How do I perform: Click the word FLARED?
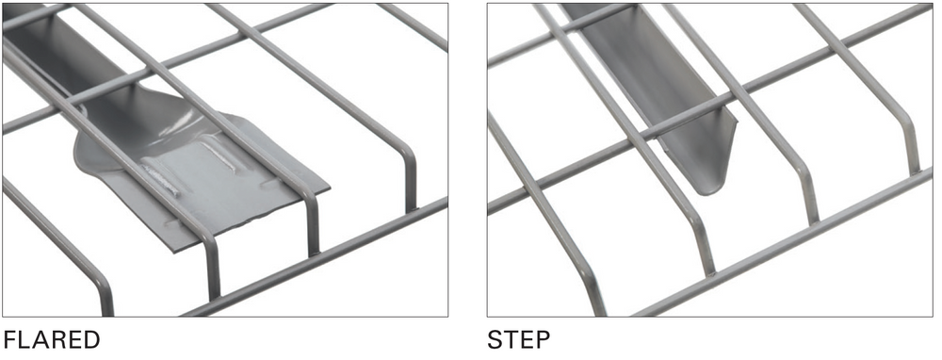52,340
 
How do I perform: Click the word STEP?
518,340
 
